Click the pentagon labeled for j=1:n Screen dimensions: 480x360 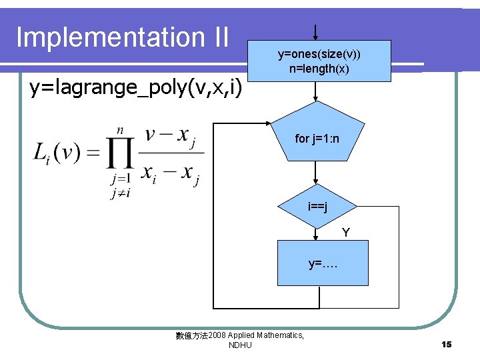tap(318, 134)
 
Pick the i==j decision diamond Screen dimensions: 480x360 tap(317, 207)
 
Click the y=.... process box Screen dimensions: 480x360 tap(323, 263)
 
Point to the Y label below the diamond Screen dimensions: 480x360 tap(345, 233)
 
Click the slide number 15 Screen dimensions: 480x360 tap(446, 344)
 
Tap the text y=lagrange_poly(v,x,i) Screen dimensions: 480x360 tap(135, 87)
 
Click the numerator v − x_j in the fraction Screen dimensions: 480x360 tap(171, 136)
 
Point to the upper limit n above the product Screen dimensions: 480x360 tap(120, 129)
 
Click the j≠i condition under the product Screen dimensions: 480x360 tap(121, 192)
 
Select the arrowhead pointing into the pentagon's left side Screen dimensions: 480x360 tap(267, 123)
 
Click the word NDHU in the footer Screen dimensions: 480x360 tap(240, 345)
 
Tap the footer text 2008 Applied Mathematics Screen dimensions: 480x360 tap(256, 335)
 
